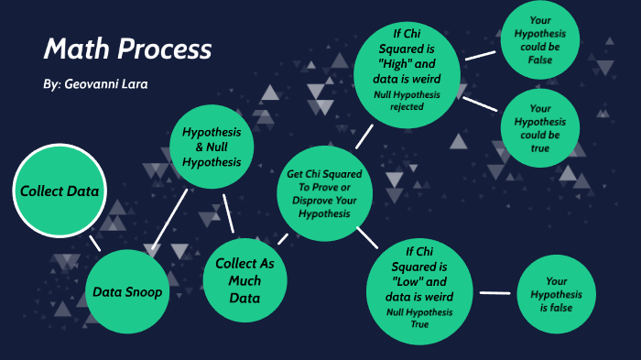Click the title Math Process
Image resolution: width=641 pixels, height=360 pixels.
click(x=127, y=49)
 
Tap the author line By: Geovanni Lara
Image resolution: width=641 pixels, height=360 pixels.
click(x=94, y=83)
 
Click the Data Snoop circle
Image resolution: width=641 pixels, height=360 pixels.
click(x=128, y=292)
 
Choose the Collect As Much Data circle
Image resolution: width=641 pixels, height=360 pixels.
click(x=244, y=280)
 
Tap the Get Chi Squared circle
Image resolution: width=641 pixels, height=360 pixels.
click(x=325, y=193)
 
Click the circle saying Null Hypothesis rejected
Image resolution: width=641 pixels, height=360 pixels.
click(x=407, y=76)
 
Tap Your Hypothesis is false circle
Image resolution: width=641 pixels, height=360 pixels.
click(x=557, y=293)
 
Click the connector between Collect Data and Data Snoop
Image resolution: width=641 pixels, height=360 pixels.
click(x=94, y=243)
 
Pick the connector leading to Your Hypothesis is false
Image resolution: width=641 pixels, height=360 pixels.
click(x=494, y=293)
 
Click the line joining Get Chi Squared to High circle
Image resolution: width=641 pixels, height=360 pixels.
click(x=364, y=136)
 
